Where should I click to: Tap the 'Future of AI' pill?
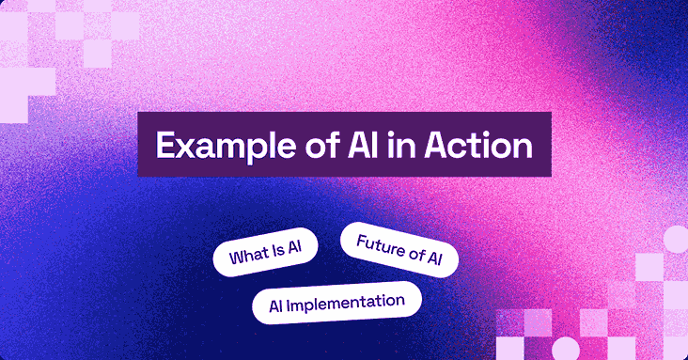click(399, 249)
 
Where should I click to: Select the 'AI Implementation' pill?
click(336, 303)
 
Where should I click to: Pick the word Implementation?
click(349, 303)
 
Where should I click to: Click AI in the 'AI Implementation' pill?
click(277, 305)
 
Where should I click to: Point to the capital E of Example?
click(164, 146)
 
